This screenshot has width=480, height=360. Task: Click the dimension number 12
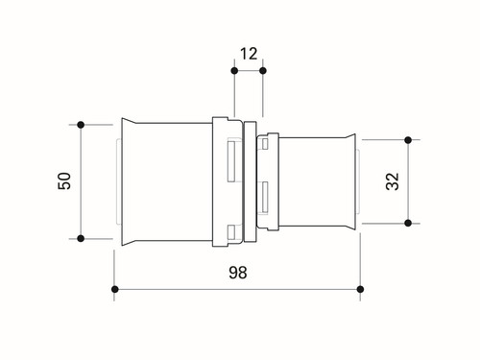(x=249, y=54)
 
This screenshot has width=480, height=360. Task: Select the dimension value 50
(x=64, y=181)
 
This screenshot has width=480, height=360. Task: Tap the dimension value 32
(x=393, y=181)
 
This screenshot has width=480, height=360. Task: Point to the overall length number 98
(x=238, y=273)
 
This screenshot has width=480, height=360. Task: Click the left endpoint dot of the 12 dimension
(x=234, y=71)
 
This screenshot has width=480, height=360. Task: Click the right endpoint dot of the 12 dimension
(x=263, y=71)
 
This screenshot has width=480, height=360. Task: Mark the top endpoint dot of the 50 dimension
(x=81, y=125)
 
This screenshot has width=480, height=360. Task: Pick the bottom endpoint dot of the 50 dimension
(x=81, y=238)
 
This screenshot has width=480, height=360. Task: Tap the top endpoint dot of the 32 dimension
(x=408, y=140)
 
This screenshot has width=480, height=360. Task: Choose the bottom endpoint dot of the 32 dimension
(x=408, y=223)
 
